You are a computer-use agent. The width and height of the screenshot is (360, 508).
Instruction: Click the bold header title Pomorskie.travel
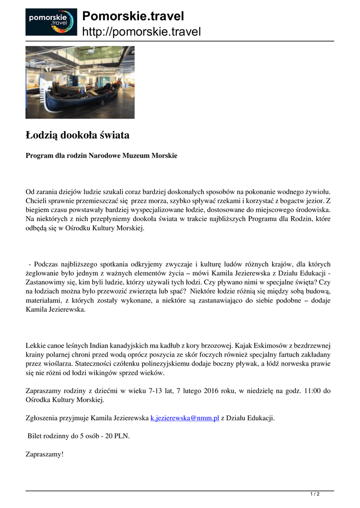(x=133, y=16)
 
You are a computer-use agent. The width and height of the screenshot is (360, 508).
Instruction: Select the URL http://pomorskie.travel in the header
(x=141, y=32)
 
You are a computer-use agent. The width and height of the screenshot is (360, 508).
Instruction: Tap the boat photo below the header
(x=80, y=82)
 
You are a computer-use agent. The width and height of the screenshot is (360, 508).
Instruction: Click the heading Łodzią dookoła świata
(x=77, y=135)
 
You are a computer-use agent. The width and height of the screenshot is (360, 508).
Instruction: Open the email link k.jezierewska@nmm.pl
(x=185, y=418)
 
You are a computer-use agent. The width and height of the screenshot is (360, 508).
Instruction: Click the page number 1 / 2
(x=315, y=494)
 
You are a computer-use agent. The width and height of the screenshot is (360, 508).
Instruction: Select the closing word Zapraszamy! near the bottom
(x=45, y=454)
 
